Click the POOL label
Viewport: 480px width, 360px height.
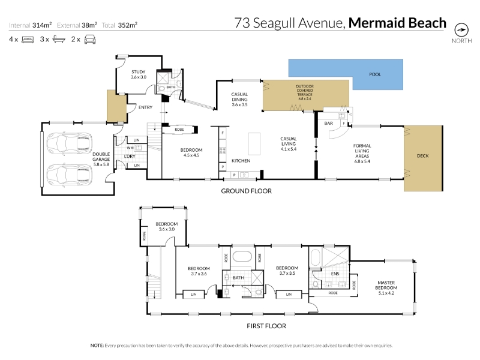coord(375,74)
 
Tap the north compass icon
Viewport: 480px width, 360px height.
coord(461,30)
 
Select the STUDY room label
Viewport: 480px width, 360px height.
coord(139,72)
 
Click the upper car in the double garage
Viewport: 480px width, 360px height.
coord(69,143)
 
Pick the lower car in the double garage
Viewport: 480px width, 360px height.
coord(69,175)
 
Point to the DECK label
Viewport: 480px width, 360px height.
coord(423,156)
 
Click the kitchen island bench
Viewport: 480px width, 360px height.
coord(254,143)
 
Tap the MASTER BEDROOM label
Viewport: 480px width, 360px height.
coord(386,286)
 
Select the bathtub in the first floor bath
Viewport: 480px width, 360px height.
coord(242,256)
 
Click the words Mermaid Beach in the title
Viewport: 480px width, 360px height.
coord(397,23)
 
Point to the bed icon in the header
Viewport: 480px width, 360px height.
coord(28,40)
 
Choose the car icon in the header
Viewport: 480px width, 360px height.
coord(90,40)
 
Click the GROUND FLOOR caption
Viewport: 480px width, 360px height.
coord(247,191)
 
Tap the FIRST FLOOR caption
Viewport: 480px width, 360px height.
coord(266,326)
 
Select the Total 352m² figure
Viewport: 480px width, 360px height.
coord(119,25)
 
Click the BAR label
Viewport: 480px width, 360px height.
coord(328,123)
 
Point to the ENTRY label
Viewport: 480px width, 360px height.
coord(145,107)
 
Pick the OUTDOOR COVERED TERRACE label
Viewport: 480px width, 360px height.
coord(305,92)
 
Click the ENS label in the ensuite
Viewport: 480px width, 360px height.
coord(335,274)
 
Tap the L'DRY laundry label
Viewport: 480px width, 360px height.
coord(130,156)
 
